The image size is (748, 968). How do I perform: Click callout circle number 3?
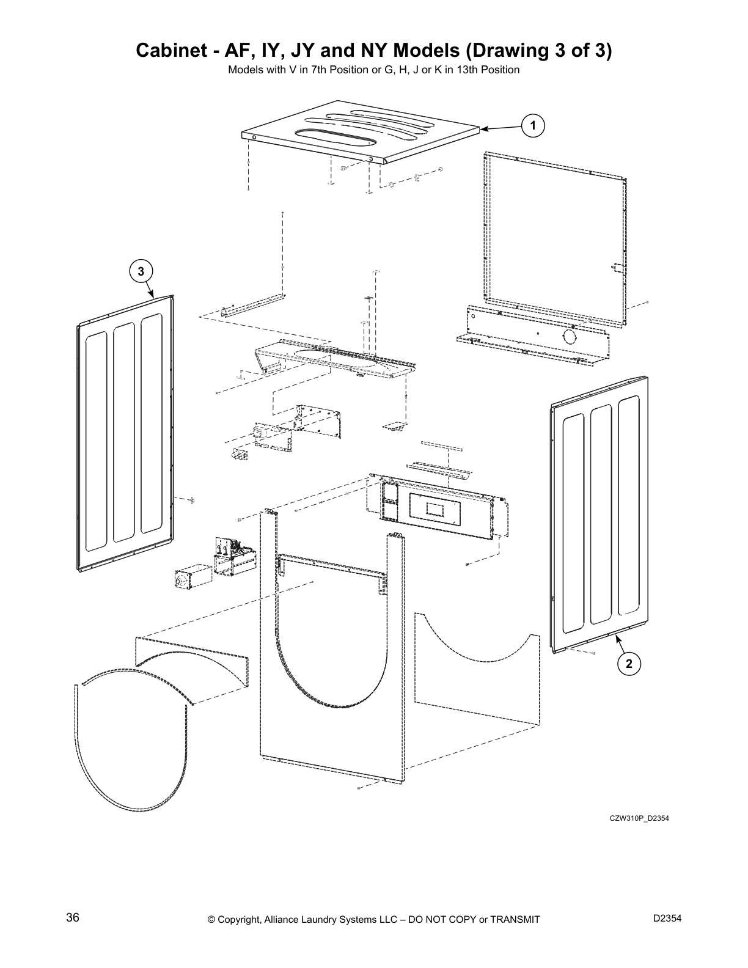click(141, 271)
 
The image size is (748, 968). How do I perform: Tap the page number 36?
click(73, 917)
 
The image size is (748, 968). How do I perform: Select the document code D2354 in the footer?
click(667, 918)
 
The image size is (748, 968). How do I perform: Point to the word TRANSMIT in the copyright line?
click(511, 920)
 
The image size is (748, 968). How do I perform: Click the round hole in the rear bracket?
click(568, 336)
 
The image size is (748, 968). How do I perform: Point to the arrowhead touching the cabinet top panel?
click(483, 129)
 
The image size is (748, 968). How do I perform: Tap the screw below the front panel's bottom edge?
click(359, 788)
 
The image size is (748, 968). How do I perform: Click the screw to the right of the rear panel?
click(647, 302)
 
